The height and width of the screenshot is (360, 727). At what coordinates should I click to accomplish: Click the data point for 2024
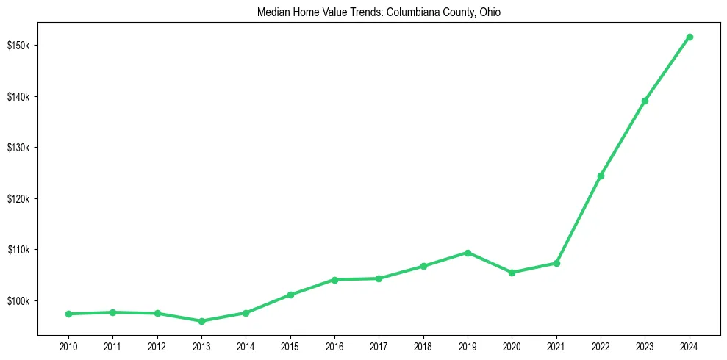coord(690,37)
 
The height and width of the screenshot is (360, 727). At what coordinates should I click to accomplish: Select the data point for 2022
coord(601,176)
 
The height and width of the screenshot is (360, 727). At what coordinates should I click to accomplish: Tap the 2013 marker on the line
coord(201,321)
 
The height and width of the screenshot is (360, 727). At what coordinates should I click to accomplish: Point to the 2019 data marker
coord(468,253)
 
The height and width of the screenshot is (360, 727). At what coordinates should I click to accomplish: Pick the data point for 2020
coord(512,273)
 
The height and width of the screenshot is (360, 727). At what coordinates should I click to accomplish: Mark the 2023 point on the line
coord(645,101)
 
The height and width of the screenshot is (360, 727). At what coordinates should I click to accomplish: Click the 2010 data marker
coord(68,314)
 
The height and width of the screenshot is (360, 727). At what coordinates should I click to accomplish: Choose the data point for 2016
coord(334,280)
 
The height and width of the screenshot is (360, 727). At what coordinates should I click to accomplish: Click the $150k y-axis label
coord(21,46)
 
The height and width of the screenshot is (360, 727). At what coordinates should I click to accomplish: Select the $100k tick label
coord(21,301)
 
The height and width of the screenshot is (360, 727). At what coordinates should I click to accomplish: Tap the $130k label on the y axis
coord(21,148)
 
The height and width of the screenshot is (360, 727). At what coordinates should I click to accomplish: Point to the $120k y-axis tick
coord(21,199)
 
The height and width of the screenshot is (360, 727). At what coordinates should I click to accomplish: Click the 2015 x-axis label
coord(290,345)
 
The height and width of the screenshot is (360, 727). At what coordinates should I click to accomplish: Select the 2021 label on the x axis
coord(556,345)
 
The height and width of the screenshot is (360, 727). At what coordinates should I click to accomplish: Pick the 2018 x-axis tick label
coord(423,345)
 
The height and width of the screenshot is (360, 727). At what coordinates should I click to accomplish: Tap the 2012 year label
coord(157,345)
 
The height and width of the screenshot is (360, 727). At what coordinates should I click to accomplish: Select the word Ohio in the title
coord(490,13)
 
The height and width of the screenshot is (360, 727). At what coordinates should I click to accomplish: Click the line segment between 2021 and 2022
coord(579,219)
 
